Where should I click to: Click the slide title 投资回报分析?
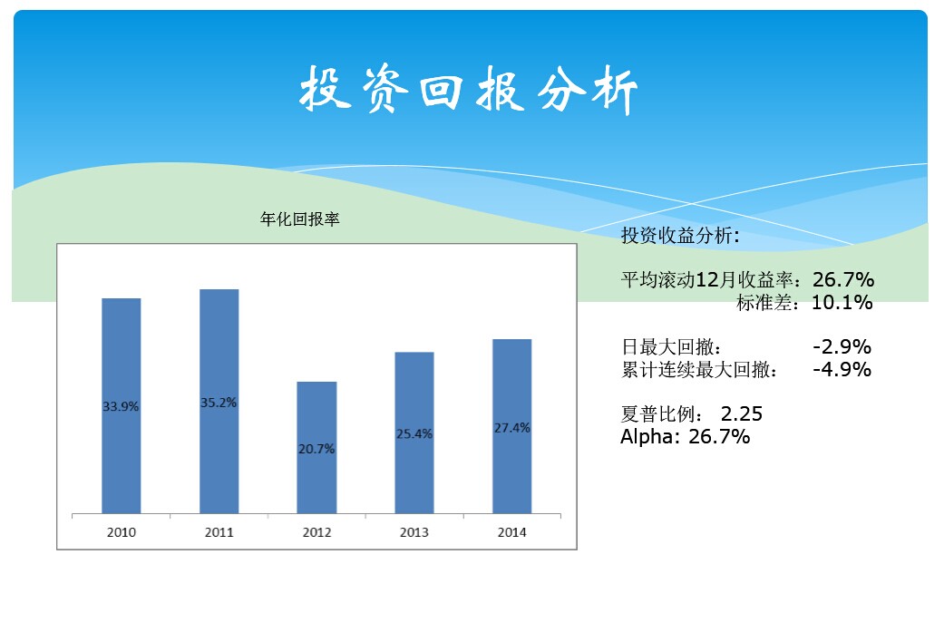[x=469, y=91]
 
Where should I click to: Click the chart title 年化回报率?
[x=299, y=219]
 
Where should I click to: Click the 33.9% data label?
[x=121, y=407]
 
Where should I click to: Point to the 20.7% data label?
[x=316, y=449]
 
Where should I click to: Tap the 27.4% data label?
[x=511, y=428]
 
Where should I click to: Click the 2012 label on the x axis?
[x=316, y=532]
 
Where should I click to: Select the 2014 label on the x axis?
[x=511, y=532]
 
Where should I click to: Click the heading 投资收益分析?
[x=680, y=237]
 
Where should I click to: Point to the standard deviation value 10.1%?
[x=842, y=303]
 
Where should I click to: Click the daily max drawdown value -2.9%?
[x=842, y=347]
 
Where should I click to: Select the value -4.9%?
[x=842, y=370]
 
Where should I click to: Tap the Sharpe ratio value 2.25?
[x=742, y=414]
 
